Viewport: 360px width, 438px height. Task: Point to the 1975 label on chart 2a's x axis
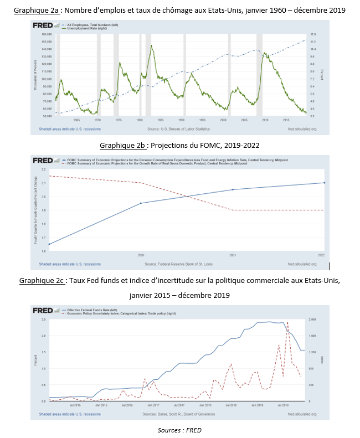coord(117,119)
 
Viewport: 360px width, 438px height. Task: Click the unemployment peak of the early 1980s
coord(151,45)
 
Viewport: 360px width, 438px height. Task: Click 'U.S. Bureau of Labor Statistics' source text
coord(186,129)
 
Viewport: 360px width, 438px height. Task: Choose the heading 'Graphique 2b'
coord(122,145)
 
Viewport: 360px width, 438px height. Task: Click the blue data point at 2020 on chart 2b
coord(141,203)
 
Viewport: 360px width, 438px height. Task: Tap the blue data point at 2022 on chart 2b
coord(324,183)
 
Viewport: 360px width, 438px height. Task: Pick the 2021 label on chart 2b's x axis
coord(233,255)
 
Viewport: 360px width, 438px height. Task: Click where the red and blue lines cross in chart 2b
coord(187,197)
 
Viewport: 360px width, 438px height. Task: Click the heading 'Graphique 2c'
coord(42,281)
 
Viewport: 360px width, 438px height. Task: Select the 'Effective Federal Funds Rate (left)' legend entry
coord(91,309)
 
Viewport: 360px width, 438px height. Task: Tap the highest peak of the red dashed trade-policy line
coord(287,322)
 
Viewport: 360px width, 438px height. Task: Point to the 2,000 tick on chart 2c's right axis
coord(311,320)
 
